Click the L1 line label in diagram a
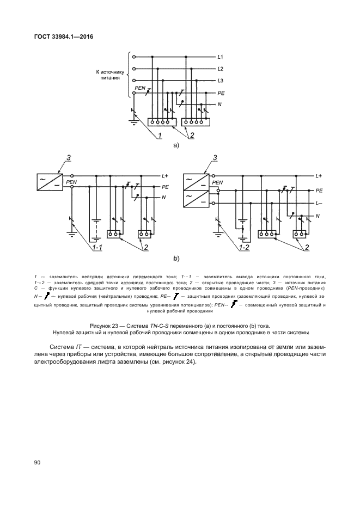click(220, 57)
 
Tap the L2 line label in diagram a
click(220, 69)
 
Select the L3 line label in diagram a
click(220, 81)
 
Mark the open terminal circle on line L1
click(135, 57)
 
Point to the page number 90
click(38, 462)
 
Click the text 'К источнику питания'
click(111, 75)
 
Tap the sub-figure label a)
click(176, 146)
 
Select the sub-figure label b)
click(176, 258)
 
